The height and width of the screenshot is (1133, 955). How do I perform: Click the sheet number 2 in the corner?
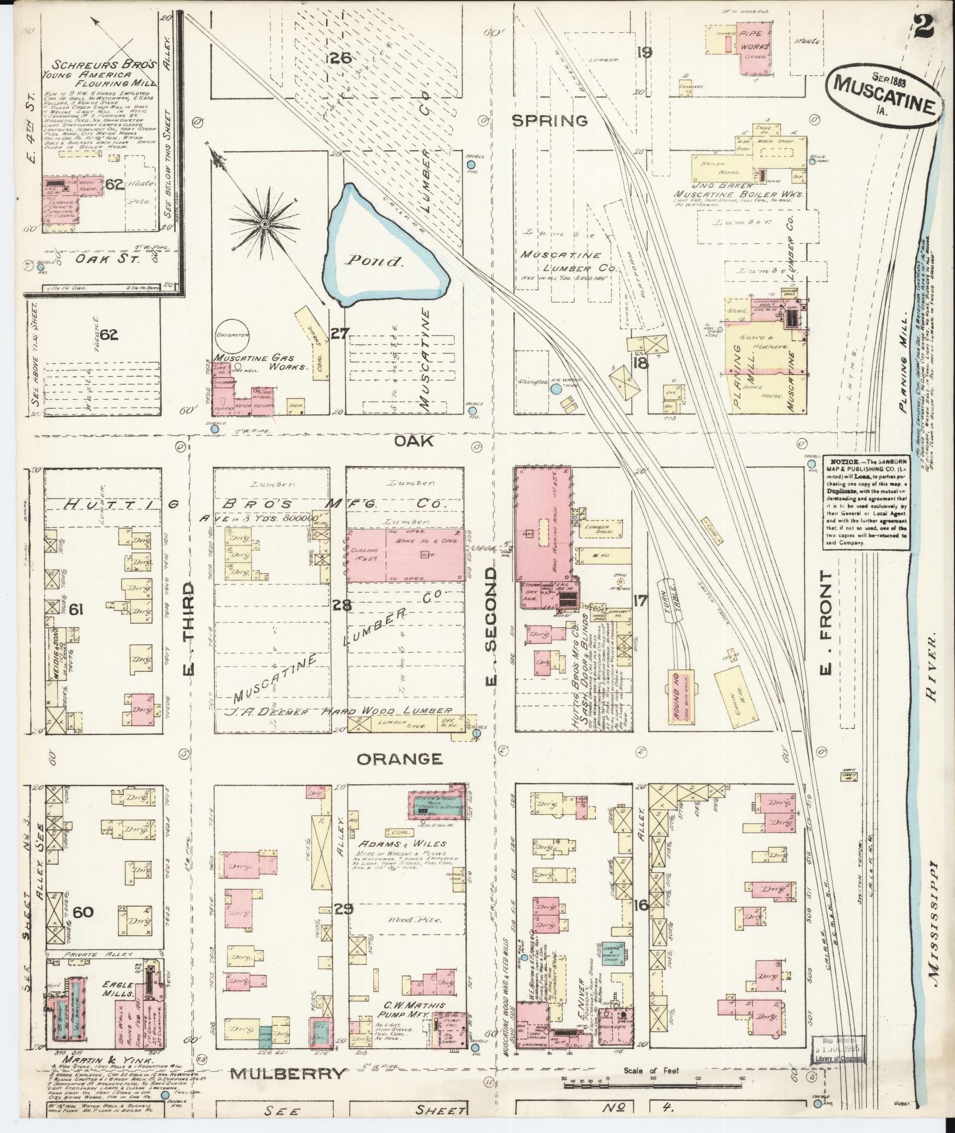tap(925, 25)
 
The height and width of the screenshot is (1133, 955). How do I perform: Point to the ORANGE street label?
tap(400, 759)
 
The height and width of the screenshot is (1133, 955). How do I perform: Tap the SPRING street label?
tap(549, 121)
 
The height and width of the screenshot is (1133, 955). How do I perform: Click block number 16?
tap(640, 905)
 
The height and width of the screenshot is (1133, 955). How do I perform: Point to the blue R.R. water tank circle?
tap(555, 389)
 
